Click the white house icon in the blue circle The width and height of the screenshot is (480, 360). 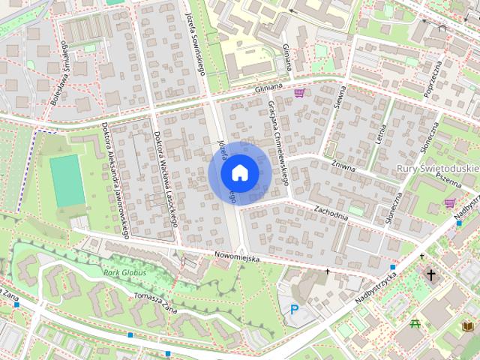pos(239,172)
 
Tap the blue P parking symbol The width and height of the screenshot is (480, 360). pos(294,310)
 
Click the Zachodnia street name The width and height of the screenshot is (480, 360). pos(332,213)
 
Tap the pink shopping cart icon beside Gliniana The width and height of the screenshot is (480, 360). pos(301,93)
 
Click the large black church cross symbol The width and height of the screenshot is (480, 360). pos(431,275)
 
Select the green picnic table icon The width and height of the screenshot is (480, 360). pos(415,324)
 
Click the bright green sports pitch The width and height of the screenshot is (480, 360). pos(67,181)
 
